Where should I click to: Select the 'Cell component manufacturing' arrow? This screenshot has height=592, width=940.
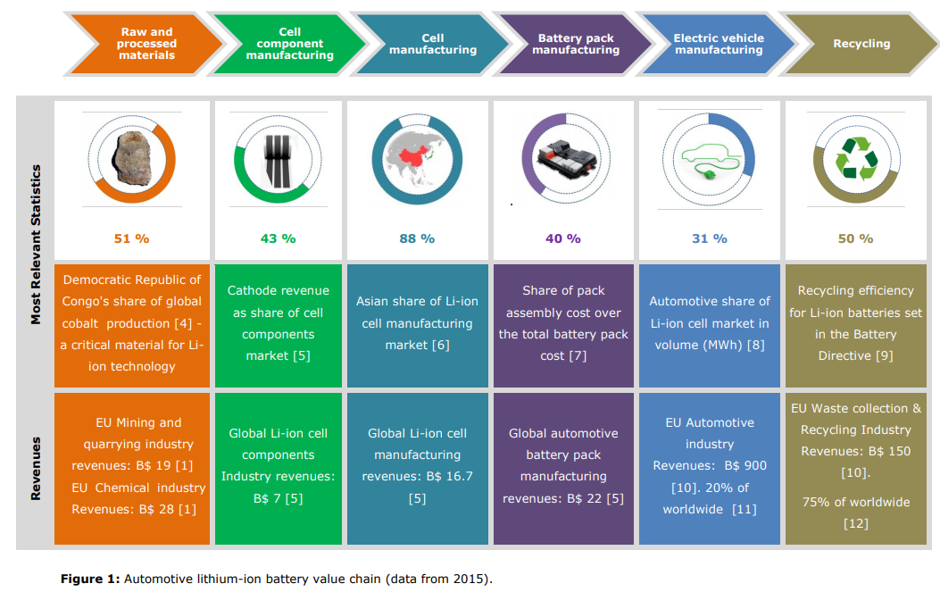[x=289, y=44]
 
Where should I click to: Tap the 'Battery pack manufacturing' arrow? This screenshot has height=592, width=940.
[x=576, y=44]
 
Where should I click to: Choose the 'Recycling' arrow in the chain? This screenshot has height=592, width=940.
[x=861, y=44]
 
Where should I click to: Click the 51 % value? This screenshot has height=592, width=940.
[x=131, y=238]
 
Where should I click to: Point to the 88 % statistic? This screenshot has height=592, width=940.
[x=417, y=238]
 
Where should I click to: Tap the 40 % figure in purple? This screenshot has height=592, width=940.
[x=562, y=238]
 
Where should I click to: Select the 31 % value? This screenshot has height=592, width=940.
[x=709, y=238]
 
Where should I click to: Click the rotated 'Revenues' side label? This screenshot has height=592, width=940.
[x=37, y=468]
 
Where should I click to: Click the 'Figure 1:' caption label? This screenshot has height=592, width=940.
[x=89, y=579]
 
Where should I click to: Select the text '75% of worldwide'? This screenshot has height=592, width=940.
[x=855, y=502]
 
